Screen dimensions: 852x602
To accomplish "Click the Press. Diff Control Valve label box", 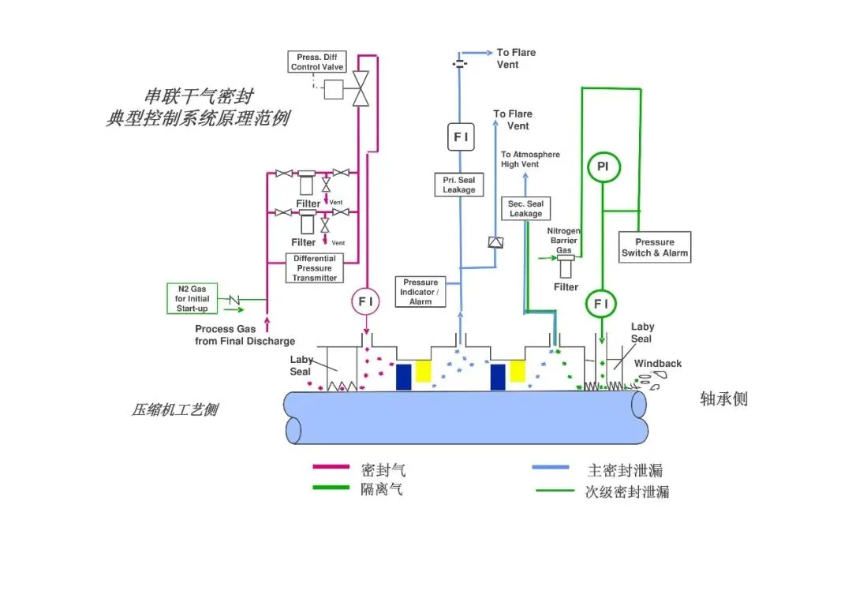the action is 317,62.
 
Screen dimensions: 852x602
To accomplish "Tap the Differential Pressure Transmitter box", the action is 315,267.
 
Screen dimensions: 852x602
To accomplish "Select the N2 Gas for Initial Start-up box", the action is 192,298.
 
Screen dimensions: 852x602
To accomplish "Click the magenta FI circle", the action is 366,301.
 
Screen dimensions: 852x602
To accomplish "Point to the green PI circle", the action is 603,166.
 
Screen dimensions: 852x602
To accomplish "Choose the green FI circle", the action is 601,304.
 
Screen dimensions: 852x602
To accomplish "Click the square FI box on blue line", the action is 461,137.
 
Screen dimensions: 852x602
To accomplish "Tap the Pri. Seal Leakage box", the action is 459,185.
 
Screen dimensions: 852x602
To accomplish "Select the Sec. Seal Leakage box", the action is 525,208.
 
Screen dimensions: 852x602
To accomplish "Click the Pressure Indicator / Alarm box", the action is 420,292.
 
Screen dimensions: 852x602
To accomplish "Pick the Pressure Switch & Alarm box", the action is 655,247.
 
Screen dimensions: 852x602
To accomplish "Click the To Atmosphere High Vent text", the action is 530,159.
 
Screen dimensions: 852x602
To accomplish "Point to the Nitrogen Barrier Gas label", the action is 563,240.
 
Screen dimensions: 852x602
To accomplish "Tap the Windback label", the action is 657,364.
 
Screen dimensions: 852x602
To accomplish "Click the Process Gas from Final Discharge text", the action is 245,335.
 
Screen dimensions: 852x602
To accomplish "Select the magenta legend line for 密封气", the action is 331,466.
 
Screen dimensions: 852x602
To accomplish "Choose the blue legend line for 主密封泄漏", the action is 551,467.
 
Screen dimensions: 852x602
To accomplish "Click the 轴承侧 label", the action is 723,398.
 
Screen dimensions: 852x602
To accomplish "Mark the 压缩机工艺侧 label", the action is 175,409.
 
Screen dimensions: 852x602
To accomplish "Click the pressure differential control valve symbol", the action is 361,88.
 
